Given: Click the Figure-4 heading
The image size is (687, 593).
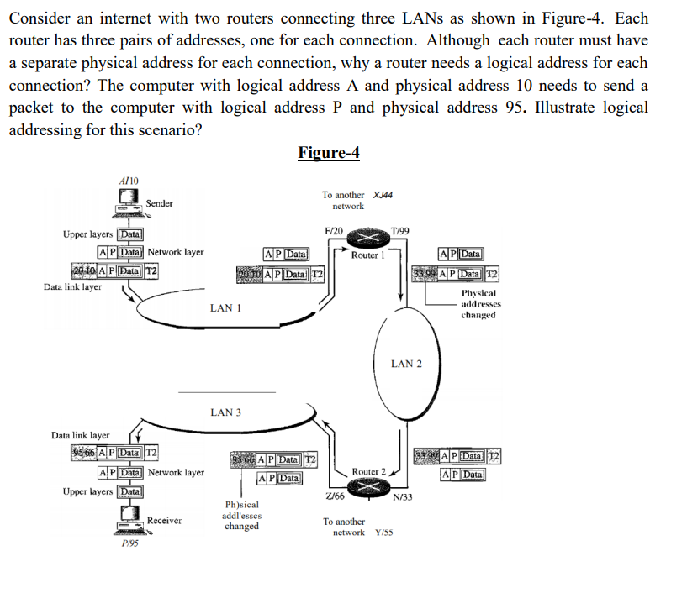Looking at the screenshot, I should pos(329,152).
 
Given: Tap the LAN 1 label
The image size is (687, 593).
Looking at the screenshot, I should pos(225,308).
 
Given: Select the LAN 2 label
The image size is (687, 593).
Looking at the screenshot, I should pos(407,364).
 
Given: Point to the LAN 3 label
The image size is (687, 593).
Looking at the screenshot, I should pos(225,412).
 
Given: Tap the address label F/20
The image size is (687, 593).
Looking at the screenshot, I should pos(333,230).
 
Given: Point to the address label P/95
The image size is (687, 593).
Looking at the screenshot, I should pos(129,543).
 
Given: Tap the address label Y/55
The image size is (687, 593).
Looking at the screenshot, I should pos(386,533).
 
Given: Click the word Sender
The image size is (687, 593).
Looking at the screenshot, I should pos(159,203).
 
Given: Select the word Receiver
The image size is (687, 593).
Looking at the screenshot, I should pos(164,521).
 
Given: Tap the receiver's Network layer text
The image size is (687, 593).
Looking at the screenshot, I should pos(176,473).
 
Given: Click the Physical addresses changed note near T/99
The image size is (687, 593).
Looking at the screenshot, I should pos(479,304).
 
